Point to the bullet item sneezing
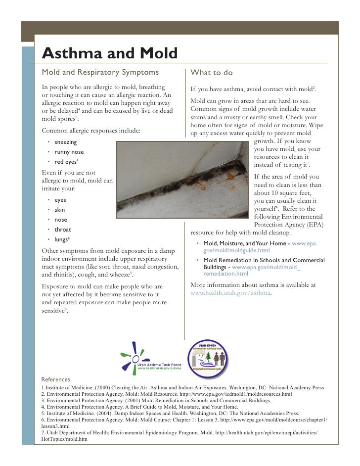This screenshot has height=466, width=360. point(65,142)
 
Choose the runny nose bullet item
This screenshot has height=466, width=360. point(69,152)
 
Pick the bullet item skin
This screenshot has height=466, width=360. point(59,210)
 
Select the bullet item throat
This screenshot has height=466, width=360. point(63,230)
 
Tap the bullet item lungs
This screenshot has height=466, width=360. point(61,239)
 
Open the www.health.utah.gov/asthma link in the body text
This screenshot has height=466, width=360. point(230,293)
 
